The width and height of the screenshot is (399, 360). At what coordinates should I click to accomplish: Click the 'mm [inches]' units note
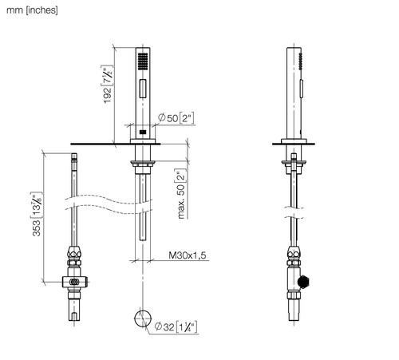32,10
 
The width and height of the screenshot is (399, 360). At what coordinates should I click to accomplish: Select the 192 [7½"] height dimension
107,84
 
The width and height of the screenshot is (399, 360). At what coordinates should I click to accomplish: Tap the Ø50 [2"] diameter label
176,117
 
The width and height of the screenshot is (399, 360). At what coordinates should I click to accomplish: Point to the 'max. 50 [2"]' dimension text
181,193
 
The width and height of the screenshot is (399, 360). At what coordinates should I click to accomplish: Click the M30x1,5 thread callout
188,255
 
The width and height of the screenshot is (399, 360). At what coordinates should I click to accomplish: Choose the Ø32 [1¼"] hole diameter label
176,326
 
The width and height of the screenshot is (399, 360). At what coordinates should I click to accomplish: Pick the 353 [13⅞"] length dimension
37,214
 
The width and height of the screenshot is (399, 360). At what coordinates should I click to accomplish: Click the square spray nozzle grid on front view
143,61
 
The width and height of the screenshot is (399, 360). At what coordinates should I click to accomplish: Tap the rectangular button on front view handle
143,89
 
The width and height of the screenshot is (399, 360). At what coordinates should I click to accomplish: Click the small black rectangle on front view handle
143,132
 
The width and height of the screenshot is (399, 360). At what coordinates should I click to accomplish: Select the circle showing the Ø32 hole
143,318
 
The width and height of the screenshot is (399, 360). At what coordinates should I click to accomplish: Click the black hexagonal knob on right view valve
303,283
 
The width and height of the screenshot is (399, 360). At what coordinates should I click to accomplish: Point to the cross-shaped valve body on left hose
75,282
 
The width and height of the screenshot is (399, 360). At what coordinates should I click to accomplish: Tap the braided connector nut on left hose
74,252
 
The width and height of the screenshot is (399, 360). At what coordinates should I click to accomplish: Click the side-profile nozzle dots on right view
301,61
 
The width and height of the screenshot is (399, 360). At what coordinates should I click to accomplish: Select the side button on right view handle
302,89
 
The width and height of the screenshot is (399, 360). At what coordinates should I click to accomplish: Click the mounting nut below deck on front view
143,164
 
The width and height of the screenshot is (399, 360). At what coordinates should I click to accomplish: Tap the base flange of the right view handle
294,141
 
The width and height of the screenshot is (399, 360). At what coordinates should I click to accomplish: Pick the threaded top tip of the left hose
74,157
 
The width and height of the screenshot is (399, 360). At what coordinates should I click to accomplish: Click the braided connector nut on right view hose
294,252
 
